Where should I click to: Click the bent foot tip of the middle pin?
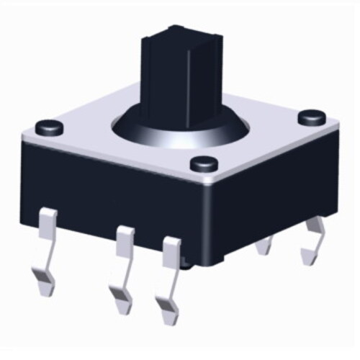pos(119,295)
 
